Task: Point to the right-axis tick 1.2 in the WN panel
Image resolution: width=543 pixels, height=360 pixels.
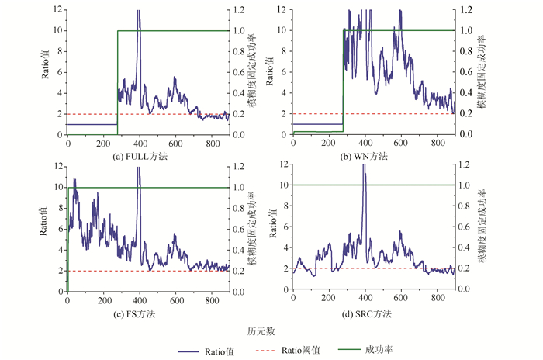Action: point(466,10)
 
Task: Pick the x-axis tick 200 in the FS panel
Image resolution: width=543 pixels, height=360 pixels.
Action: point(103,300)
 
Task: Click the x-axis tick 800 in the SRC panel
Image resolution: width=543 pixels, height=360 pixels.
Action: point(437,300)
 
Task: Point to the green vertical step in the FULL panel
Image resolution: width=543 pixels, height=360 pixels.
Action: point(117,78)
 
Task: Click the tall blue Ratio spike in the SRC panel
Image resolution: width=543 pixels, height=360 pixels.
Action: point(364,178)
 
